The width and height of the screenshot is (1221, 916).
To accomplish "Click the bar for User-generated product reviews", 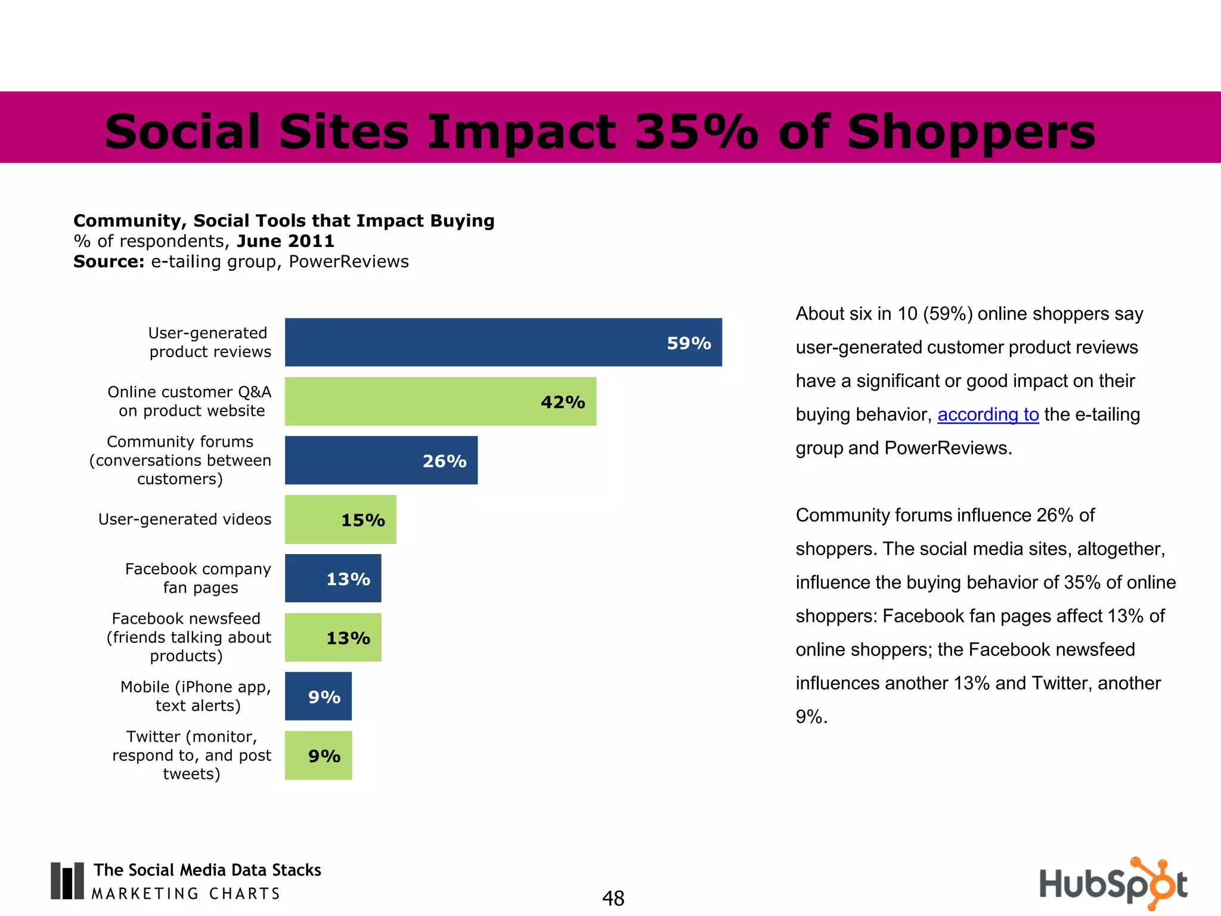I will (503, 342).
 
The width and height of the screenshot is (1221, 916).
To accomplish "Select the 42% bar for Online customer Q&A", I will (440, 401).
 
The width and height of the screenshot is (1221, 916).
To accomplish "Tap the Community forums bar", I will (381, 460).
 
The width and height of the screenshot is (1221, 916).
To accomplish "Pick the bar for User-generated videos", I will (340, 519).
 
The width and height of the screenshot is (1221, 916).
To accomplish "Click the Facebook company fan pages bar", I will (333, 578).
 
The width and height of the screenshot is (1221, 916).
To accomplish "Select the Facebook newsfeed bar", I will (333, 638).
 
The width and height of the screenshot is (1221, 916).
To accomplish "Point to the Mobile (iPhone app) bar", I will (318, 697).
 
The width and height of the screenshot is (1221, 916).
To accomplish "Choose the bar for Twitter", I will (318, 756).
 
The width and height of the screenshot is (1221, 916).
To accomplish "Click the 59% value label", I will (689, 343).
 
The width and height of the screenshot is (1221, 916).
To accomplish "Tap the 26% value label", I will (444, 462).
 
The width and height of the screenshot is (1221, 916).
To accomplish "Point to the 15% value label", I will (362, 521).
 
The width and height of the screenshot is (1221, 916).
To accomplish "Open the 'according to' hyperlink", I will (988, 414).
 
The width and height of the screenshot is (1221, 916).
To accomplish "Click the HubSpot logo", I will (1112, 884).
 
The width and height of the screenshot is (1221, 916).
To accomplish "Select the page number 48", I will (613, 898).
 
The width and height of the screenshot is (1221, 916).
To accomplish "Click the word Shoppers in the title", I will (971, 132).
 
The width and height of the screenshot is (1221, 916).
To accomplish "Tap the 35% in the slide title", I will (696, 132).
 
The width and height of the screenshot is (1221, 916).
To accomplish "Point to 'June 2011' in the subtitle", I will (285, 241).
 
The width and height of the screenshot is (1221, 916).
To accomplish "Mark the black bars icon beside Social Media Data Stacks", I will (67, 881).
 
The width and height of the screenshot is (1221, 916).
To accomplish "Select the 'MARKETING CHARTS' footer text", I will (185, 894).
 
